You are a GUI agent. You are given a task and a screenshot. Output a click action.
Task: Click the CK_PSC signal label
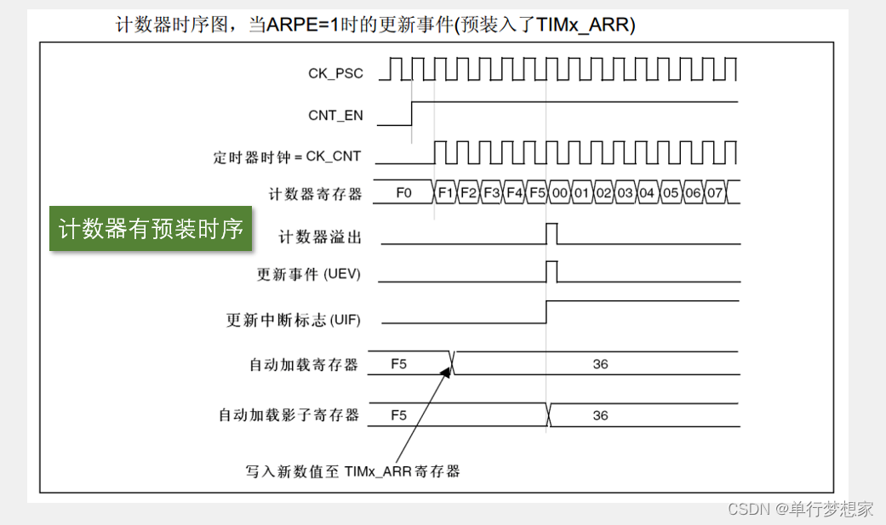point(335,73)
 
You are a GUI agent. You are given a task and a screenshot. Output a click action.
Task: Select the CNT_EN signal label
point(335,115)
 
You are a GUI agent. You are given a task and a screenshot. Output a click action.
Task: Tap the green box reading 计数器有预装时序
point(151,228)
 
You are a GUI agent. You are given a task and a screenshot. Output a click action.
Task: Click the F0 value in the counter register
point(403,193)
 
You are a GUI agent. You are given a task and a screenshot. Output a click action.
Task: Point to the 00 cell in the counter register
point(559,193)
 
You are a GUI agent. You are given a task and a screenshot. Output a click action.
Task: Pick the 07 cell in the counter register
point(714,193)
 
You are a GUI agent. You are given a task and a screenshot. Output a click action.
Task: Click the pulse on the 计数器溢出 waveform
point(552,232)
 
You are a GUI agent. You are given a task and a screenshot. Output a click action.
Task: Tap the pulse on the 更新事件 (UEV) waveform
point(552,271)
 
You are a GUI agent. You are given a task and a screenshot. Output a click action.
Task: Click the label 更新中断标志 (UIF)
point(294,321)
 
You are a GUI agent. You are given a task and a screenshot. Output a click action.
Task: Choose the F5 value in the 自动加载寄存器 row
point(398,364)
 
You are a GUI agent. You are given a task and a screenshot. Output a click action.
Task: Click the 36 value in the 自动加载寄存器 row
point(600,364)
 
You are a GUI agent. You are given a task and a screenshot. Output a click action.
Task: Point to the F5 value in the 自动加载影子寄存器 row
point(398,415)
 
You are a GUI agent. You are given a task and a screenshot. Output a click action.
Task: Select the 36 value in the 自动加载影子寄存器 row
point(600,415)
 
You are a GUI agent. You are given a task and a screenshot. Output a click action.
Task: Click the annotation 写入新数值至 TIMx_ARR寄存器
point(352,471)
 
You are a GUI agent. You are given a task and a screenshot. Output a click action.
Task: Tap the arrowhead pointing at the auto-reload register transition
point(448,367)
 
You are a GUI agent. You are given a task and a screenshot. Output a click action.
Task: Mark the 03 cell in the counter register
point(625,193)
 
